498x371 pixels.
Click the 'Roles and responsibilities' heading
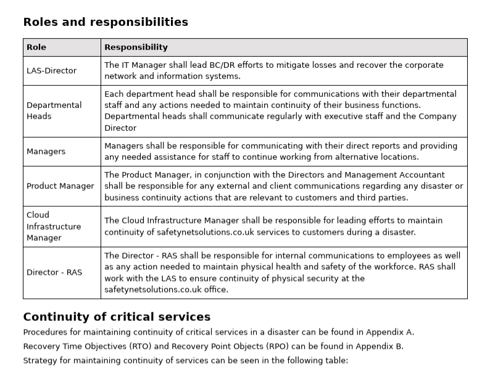pyautogui.click(x=106, y=22)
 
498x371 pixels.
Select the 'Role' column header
pyautogui.click(x=36, y=48)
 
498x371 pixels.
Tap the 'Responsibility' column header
pyautogui.click(x=136, y=48)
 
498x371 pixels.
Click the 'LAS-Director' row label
pyautogui.click(x=52, y=71)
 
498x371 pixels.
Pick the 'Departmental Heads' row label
pyautogui.click(x=54, y=110)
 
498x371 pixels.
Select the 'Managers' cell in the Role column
pyautogui.click(x=46, y=152)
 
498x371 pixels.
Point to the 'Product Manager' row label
pyautogui.click(x=60, y=186)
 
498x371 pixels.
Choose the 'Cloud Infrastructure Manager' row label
pyautogui.click(x=54, y=227)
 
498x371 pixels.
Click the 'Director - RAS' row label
pyautogui.click(x=54, y=273)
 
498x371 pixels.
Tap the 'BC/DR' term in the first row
pyautogui.click(x=202, y=65)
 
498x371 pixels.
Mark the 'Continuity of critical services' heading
pyautogui.click(x=117, y=317)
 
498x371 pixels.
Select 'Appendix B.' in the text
pyautogui.click(x=380, y=346)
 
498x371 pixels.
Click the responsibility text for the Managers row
pyautogui.click(x=281, y=152)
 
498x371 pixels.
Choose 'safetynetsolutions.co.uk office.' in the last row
pyautogui.click(x=166, y=290)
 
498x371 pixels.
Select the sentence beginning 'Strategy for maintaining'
pyautogui.click(x=185, y=361)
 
